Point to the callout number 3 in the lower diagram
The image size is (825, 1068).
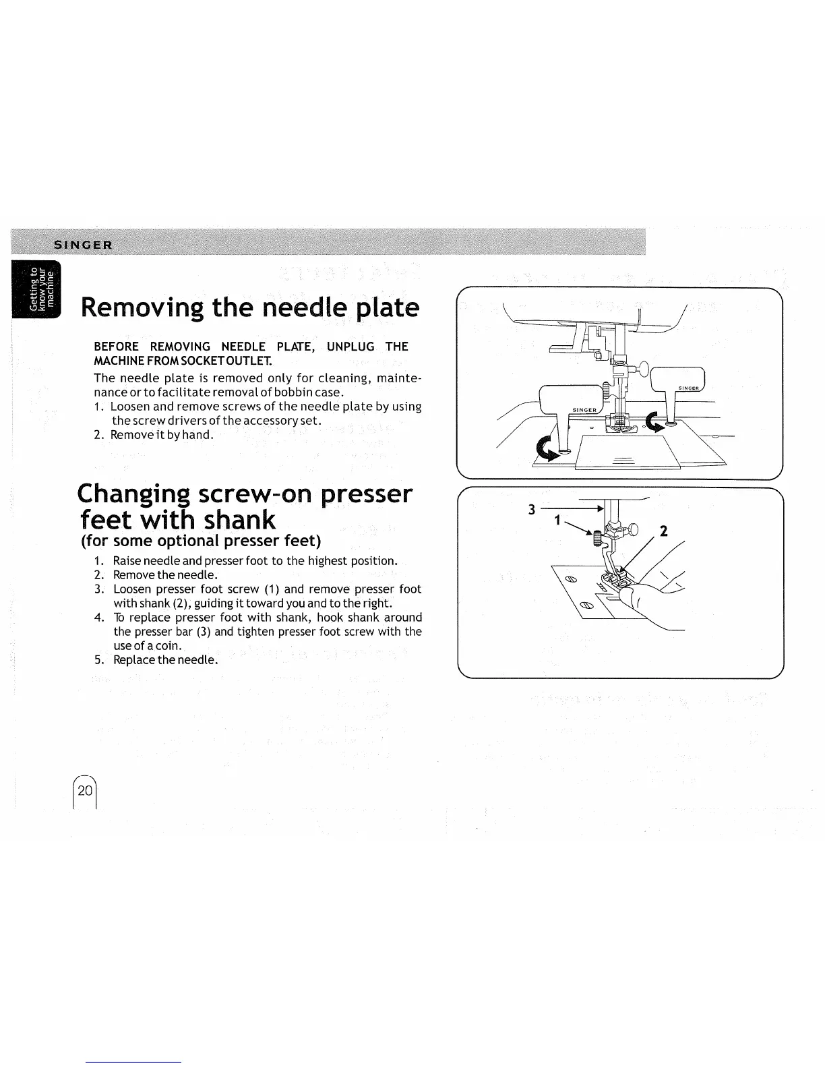pyautogui.click(x=531, y=510)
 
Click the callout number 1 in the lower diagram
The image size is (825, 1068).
pyautogui.click(x=557, y=521)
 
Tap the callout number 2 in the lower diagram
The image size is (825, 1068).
pyautogui.click(x=663, y=531)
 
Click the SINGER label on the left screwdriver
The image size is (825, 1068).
pyautogui.click(x=584, y=410)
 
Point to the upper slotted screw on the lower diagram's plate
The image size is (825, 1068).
pyautogui.click(x=570, y=578)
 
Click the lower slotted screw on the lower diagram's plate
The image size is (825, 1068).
pyautogui.click(x=587, y=605)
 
